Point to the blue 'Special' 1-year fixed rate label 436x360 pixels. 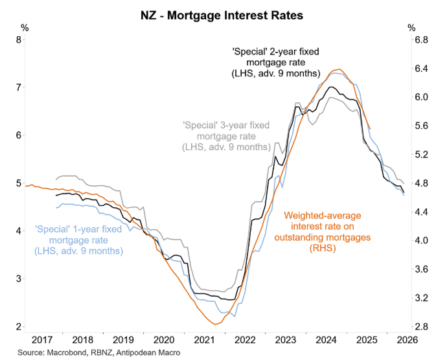tap(78, 240)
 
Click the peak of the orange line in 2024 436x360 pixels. tap(337, 69)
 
